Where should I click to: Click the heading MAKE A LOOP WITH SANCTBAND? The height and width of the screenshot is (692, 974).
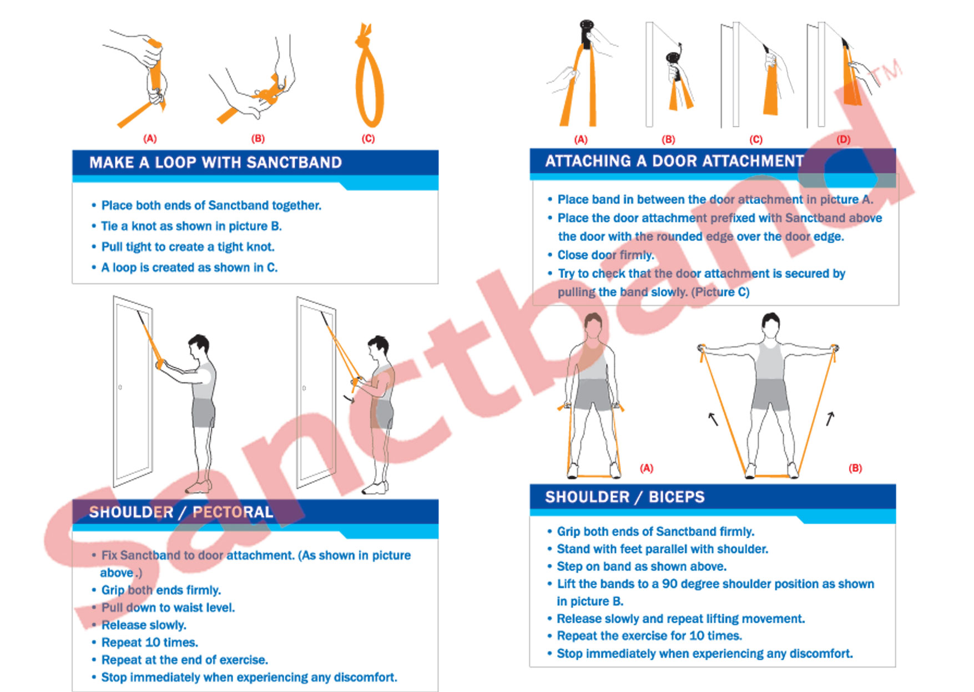click(x=215, y=163)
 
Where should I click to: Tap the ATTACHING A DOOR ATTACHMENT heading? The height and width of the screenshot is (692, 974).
click(x=674, y=161)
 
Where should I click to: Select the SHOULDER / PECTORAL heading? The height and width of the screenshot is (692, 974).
click(x=181, y=512)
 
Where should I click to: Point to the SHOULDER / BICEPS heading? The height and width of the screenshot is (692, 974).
click(x=625, y=497)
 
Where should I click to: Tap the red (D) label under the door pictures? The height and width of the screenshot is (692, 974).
click(x=843, y=139)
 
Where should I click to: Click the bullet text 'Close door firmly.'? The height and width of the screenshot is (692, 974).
click(x=605, y=255)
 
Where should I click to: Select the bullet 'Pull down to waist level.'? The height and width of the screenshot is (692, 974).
click(x=168, y=608)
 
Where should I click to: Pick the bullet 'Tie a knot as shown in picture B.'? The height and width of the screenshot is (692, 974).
click(x=191, y=226)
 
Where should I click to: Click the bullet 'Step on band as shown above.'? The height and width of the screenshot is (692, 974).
click(x=642, y=567)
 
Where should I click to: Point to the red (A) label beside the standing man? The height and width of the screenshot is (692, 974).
click(x=647, y=468)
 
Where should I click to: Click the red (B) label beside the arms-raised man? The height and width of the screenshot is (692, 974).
click(x=855, y=468)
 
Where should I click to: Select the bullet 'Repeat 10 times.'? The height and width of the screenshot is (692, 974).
click(x=149, y=643)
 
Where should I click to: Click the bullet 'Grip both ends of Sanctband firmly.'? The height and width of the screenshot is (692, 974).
click(x=655, y=532)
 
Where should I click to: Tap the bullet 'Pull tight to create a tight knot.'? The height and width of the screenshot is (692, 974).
click(x=188, y=247)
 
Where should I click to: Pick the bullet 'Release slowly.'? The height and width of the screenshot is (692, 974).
click(x=144, y=625)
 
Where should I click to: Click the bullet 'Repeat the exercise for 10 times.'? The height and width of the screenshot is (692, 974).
click(x=649, y=636)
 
